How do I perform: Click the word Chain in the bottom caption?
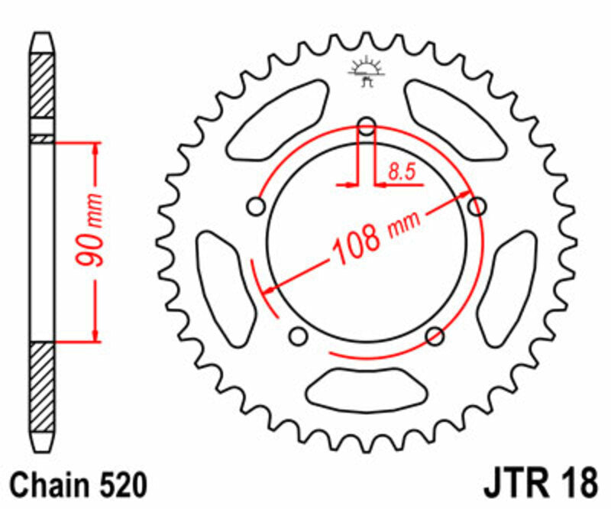(47, 485)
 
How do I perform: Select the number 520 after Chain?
(119, 485)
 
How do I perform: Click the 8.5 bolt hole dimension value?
(400, 173)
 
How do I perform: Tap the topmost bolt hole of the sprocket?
(367, 126)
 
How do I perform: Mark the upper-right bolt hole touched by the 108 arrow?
(477, 206)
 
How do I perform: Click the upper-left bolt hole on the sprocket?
(257, 206)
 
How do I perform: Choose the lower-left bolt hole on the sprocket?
(299, 336)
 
